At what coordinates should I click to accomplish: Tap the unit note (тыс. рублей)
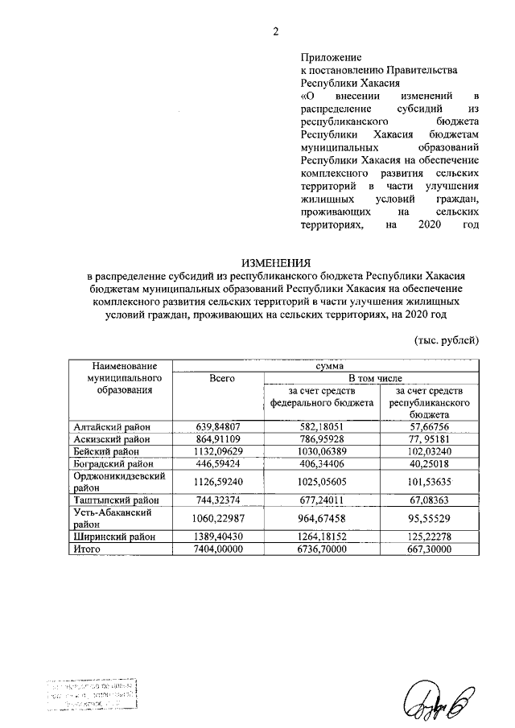tap(447, 340)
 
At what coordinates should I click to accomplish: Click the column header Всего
tap(221, 377)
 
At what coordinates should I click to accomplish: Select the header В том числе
tap(373, 377)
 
